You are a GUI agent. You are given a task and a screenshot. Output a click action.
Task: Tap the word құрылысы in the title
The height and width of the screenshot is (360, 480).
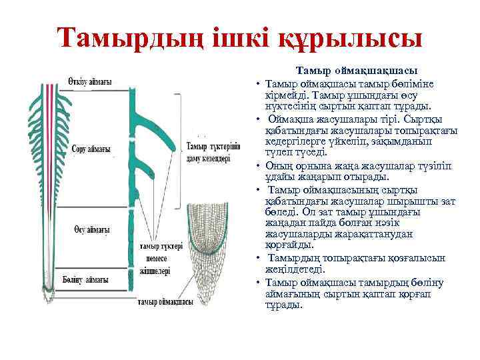[x=363, y=37]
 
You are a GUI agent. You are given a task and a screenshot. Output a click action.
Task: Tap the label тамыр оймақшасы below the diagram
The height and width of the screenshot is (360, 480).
[x=165, y=302]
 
